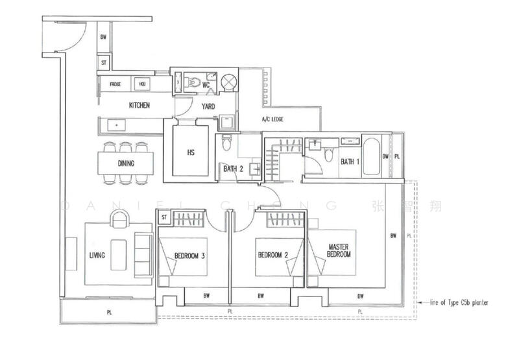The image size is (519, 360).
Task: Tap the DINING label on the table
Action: tap(127, 163)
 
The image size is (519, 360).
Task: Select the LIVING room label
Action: tap(96, 255)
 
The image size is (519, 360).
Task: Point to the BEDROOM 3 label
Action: tap(190, 256)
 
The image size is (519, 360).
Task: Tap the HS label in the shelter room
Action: tap(191, 152)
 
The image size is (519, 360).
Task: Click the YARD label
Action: tap(208, 106)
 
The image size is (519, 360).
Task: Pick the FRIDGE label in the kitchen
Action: tap(115, 84)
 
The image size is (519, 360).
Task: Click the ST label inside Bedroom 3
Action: tap(164, 218)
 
